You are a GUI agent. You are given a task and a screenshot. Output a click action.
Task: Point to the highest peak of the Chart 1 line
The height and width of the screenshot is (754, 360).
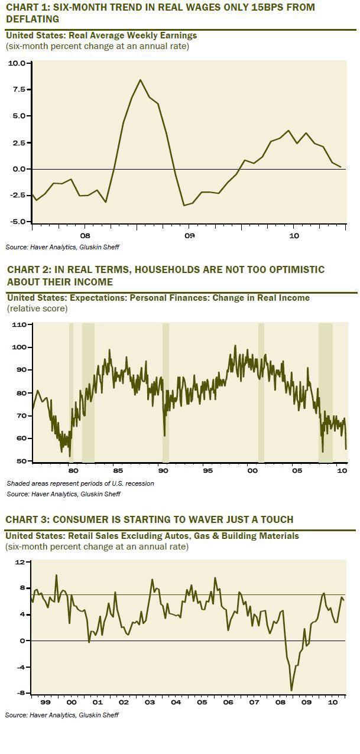point(140,80)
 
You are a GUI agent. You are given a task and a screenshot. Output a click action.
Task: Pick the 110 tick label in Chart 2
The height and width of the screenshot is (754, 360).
point(19,324)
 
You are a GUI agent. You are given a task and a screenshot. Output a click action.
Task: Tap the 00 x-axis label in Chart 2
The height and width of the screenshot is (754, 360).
point(252,471)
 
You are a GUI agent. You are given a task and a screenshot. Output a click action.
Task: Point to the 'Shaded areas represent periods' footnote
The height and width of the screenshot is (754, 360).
point(80,483)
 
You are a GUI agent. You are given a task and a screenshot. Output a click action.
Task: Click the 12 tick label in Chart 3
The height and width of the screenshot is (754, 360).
point(20,562)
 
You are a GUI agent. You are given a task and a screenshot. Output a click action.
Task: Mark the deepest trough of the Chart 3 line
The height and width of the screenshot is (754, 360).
point(291,690)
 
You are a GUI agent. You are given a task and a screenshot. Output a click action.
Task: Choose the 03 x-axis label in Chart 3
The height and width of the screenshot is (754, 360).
point(150,703)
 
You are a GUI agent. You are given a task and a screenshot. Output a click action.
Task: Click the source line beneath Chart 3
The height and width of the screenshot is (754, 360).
point(62,715)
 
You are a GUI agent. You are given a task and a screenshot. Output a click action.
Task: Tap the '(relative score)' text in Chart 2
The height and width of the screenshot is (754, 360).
point(37,308)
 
